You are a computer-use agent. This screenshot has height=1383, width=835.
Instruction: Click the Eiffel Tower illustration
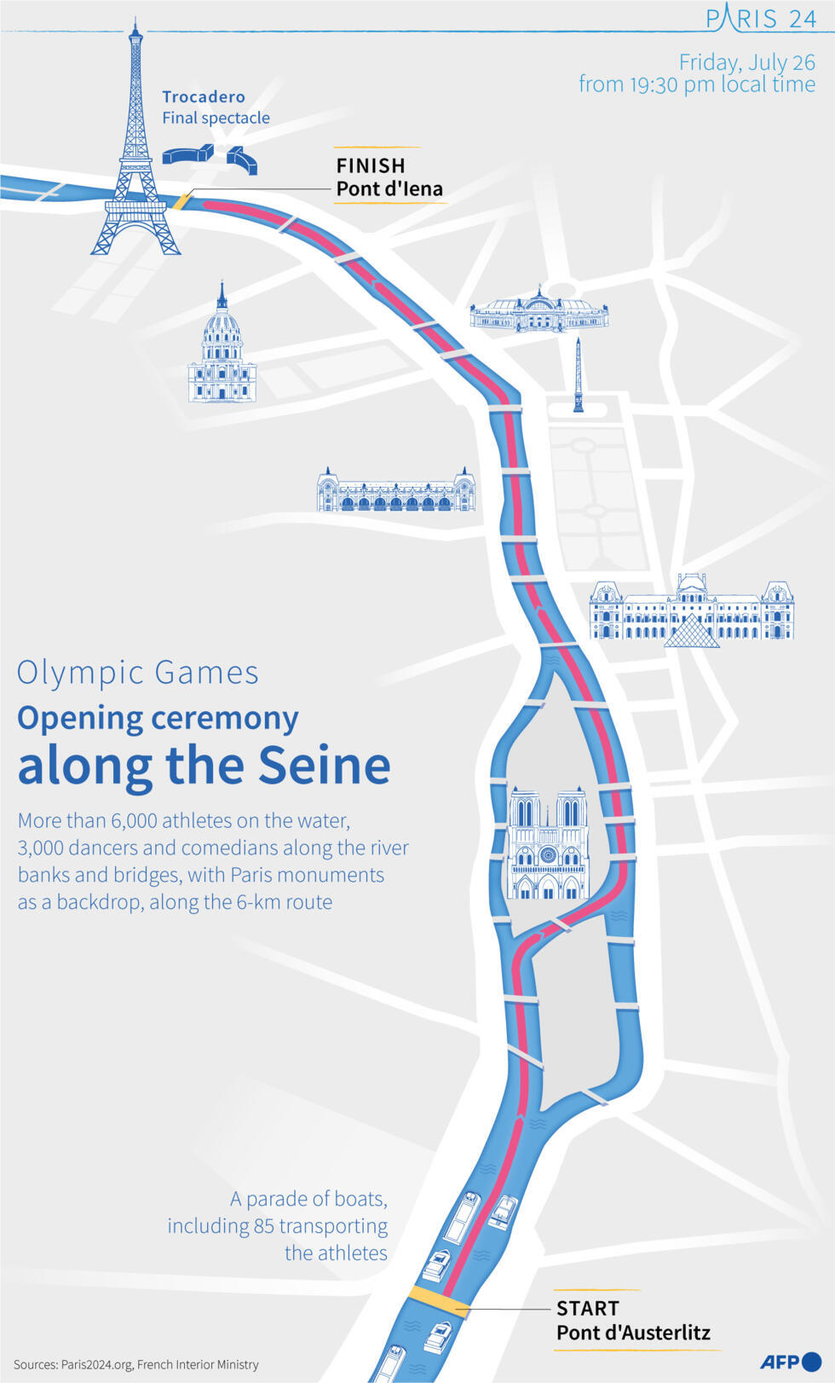(x=135, y=153)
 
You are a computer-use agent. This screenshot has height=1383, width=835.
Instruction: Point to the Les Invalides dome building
(x=222, y=350)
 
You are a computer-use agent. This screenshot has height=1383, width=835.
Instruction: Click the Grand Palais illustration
(x=539, y=312)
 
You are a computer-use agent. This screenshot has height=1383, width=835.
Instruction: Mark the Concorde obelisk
(x=579, y=375)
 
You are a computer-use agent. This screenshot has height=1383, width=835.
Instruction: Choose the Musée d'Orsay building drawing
(x=395, y=491)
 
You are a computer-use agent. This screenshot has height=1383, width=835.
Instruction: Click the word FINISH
(x=371, y=165)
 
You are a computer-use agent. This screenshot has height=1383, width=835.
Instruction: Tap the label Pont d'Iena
(x=389, y=189)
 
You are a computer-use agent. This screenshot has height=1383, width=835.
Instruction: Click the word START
(x=588, y=1308)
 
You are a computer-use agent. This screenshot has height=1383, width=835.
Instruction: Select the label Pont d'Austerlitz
(x=633, y=1333)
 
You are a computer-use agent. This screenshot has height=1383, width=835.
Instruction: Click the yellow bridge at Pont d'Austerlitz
(x=437, y=1301)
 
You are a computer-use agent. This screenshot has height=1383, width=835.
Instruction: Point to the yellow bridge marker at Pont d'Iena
(x=182, y=201)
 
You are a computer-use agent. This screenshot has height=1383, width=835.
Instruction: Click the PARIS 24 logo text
(x=761, y=17)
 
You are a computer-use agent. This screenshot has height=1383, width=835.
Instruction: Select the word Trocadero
(x=204, y=97)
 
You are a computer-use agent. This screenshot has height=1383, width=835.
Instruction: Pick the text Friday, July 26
(x=746, y=62)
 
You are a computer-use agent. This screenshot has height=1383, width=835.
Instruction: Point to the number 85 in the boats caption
(x=263, y=1226)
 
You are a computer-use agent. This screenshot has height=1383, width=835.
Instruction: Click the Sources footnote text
(x=136, y=1364)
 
